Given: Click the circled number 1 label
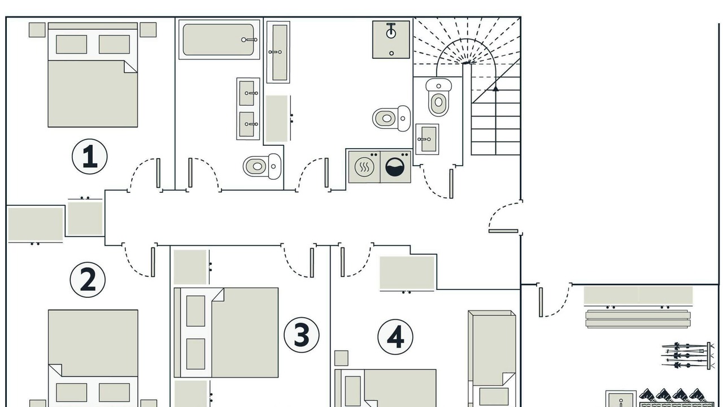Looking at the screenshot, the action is tap(89, 157).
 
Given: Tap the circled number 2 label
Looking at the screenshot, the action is tap(88, 280).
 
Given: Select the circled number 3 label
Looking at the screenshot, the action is tap(302, 335).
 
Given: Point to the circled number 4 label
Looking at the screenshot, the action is tap(395, 337).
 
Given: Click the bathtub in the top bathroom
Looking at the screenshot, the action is tap(219, 40).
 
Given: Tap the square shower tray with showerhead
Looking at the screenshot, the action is tap(391, 40).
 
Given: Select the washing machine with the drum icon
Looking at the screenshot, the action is tap(395, 167).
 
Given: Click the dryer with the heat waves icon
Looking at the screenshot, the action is tap(364, 167).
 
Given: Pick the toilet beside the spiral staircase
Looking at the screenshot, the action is tap(438, 97).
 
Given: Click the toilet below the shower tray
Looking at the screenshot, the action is tap(391, 118).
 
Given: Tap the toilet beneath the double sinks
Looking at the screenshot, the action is tap(262, 166).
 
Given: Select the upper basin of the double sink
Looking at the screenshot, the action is tap(248, 93).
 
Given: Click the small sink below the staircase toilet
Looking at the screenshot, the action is tap(427, 139).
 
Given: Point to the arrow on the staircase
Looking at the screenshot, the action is tap(495, 88).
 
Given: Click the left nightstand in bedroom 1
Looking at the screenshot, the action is tap(37, 30).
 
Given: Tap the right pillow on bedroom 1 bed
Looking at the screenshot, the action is tap(114, 44).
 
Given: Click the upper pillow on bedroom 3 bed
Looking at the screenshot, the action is tap(195, 311).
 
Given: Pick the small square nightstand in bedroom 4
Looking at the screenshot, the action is tap(341, 358).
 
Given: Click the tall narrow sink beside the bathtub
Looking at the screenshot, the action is tap(278, 52).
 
